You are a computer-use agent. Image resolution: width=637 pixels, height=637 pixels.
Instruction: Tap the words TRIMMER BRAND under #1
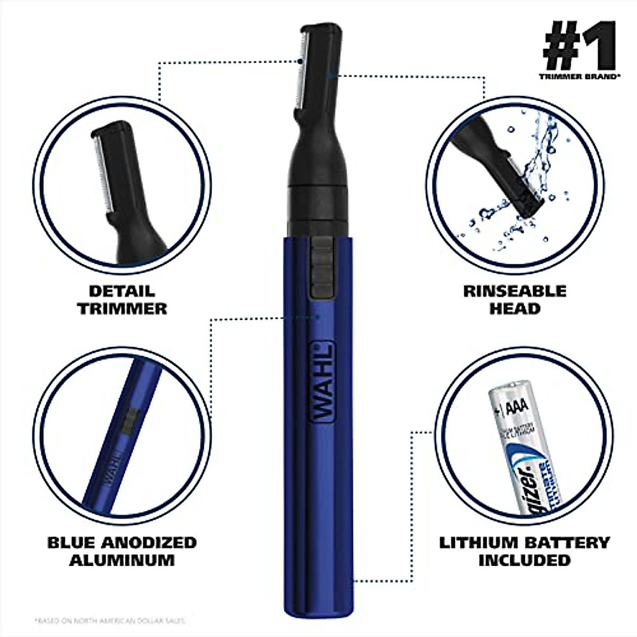coord(579,76)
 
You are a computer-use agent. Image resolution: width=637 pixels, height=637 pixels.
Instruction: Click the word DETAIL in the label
coord(122,291)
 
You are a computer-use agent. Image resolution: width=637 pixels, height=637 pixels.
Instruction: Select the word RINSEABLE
coord(514,291)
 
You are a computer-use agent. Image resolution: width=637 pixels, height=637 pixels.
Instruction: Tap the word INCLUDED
coord(524,560)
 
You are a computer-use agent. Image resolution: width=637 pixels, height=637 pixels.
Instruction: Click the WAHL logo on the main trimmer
coord(321,382)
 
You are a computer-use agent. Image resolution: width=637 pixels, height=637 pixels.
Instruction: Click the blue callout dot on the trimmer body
coord(317,317)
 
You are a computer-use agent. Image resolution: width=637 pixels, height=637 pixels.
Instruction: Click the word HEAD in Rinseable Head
coord(514,308)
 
